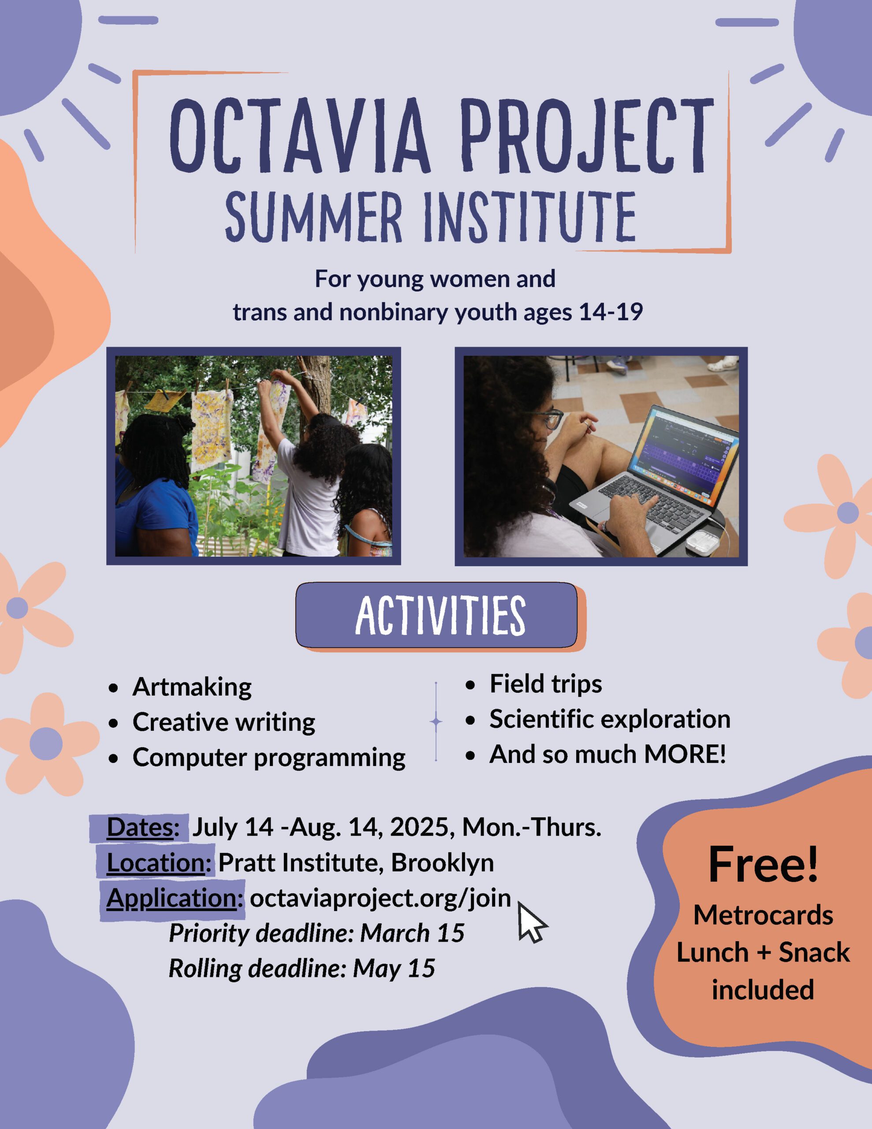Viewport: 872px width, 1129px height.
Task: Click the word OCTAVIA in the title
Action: coord(300,135)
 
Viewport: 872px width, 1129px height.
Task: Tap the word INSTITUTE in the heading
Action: coord(529,217)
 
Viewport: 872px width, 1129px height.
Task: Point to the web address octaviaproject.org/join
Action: coord(380,898)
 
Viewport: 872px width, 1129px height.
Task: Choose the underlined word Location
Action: coord(156,862)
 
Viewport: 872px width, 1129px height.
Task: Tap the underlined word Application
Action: coord(171,898)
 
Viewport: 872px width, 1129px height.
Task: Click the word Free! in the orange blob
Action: coord(764,864)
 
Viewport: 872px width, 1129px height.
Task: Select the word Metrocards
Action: coord(763,915)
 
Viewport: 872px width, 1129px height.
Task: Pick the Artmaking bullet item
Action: coord(192,687)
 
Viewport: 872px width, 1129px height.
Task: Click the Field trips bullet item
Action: coord(546,684)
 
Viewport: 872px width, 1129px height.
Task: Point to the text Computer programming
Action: coord(269,758)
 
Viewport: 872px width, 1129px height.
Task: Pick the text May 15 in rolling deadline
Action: coord(394,968)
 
